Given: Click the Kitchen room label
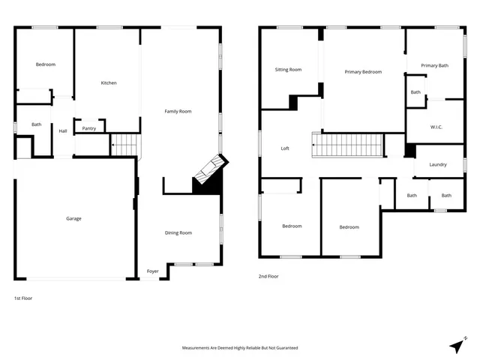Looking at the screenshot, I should coord(109,82).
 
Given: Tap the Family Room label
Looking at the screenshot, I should coord(178,111).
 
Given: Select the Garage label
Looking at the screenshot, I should coord(73,218).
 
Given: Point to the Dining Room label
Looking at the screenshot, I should coord(178,232).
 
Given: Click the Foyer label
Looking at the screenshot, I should coord(152,271).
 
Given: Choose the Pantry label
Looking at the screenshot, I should coord(89,128).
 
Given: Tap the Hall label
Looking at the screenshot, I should coord(63,131).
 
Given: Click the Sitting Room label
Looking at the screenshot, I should coord(288,70).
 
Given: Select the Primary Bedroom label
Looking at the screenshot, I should coord(363,72).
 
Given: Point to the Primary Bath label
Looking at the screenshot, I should coord(434,66).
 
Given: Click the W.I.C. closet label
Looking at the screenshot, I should coord(436,127).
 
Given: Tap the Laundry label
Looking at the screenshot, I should coord(438,165).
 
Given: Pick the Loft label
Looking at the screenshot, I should coord(285,148).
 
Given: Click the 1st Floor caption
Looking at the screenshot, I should coord(23,298).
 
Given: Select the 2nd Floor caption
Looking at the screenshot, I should coord(268,276).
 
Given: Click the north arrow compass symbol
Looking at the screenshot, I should coord(457,346).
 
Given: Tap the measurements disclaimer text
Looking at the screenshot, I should coord(240,348).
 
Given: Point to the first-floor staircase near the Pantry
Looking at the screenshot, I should coord(125,144).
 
